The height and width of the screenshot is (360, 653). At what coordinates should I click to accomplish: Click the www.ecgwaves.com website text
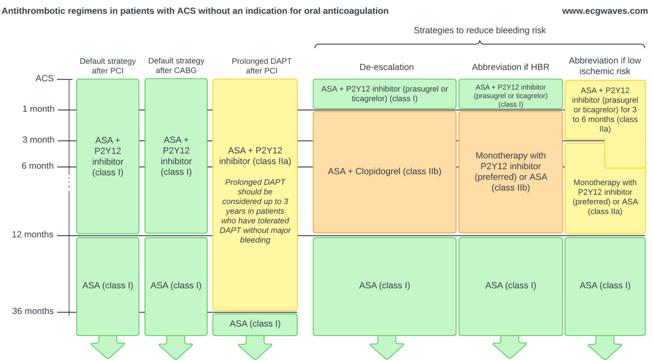(605, 11)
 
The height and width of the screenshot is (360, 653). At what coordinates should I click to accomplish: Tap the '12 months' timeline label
(33, 235)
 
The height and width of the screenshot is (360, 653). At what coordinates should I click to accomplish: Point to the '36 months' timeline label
(33, 312)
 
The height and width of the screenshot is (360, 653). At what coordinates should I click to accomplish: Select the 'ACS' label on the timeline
(45, 79)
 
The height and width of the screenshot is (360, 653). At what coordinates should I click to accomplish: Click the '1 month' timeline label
(38, 109)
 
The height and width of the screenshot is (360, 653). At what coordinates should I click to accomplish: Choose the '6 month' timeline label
(38, 166)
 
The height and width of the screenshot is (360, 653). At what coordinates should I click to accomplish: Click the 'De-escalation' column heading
(386, 67)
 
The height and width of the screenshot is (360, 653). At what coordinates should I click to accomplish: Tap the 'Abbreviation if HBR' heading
(511, 67)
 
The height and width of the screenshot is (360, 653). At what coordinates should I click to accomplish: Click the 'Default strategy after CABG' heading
(176, 66)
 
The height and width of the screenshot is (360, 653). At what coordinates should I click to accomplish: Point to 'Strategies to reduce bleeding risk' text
(479, 31)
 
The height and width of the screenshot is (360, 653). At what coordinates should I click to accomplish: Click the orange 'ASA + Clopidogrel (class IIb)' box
(384, 172)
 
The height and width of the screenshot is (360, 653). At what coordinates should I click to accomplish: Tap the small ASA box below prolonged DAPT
(255, 324)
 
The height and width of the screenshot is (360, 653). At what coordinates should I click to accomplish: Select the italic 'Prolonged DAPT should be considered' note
(255, 211)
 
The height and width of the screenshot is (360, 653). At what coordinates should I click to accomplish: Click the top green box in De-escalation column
(384, 93)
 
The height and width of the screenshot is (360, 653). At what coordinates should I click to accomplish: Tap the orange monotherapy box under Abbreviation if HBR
(511, 172)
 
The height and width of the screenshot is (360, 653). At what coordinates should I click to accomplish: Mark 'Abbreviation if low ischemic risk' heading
(605, 66)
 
